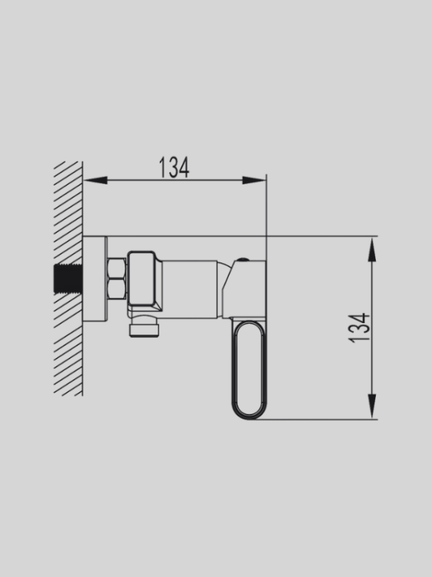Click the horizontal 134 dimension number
[174, 167]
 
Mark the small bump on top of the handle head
[243, 259]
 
